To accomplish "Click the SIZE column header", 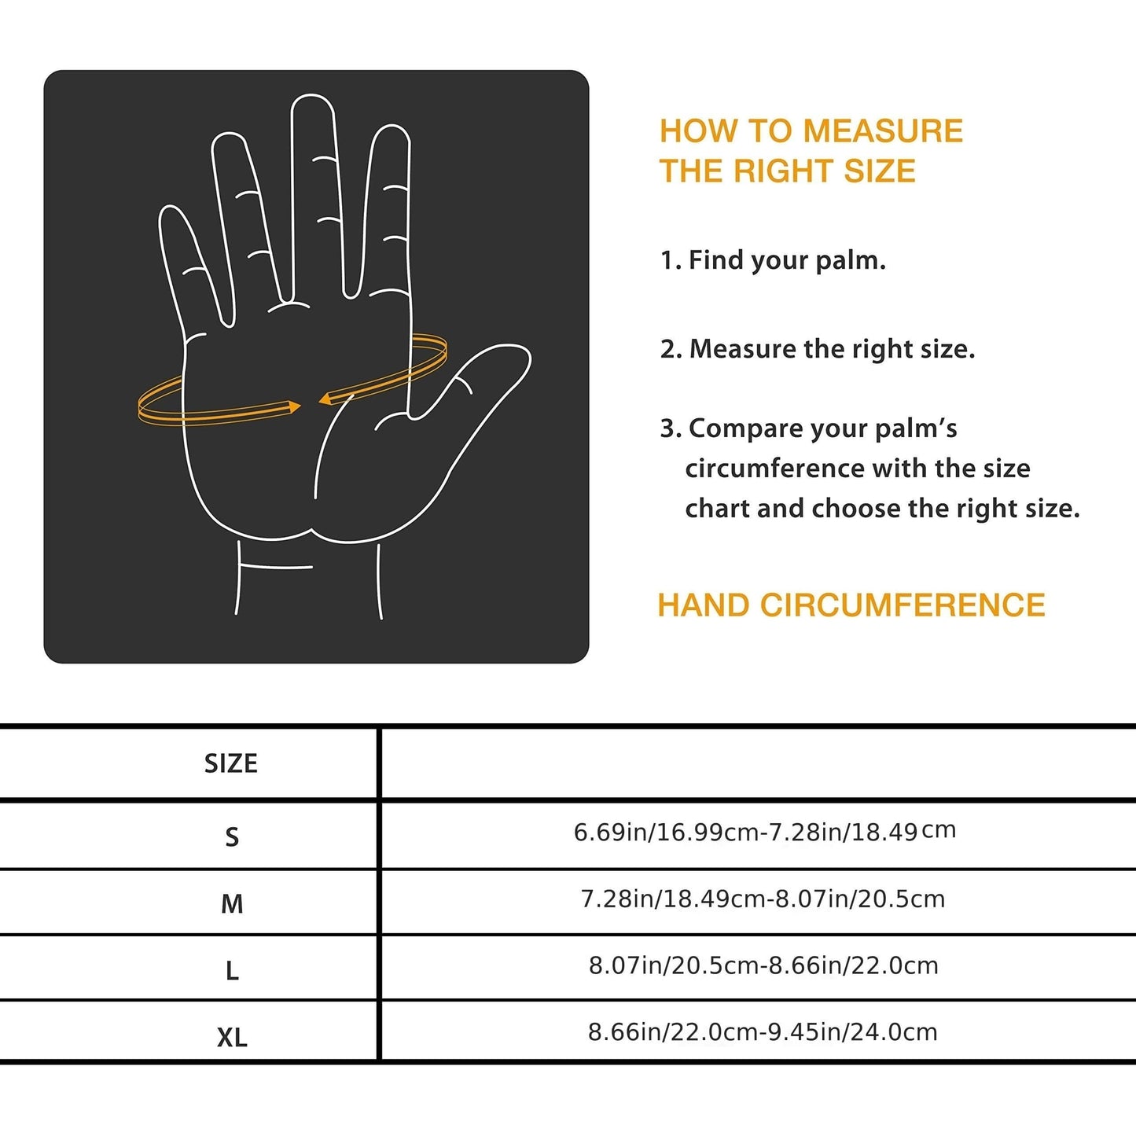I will coord(230,763).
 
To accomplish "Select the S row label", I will coord(231,836).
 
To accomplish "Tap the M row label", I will coord(231,904).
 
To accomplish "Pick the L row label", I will coord(232,971).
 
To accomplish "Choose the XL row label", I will coord(232,1038).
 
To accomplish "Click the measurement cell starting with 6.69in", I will coord(763,832).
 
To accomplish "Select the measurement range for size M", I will coord(763,899).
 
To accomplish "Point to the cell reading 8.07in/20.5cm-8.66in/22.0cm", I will coord(763,965).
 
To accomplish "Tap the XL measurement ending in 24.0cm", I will coord(763,1031).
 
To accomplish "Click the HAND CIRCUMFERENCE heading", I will coord(851,605).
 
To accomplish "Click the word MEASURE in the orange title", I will coord(883,131).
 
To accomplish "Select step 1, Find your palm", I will coord(773,260).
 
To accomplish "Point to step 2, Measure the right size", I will coord(818,349).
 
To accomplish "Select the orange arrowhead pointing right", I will coord(294,406).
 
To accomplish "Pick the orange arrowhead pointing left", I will coord(324,399).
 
